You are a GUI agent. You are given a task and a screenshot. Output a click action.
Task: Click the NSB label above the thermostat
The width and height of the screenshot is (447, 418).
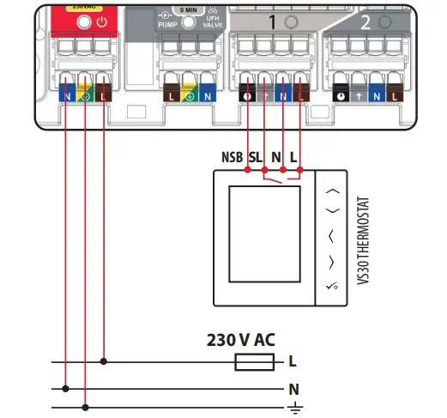[x=232, y=159]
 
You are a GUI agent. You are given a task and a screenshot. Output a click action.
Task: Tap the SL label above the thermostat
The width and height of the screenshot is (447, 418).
[x=256, y=159]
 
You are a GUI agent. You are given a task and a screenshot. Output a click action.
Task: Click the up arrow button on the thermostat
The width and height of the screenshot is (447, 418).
[x=333, y=194]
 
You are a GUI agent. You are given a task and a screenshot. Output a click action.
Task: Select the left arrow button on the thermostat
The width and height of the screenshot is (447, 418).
[x=333, y=233]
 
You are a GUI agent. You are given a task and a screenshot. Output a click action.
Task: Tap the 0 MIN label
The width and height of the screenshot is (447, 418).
[x=190, y=9]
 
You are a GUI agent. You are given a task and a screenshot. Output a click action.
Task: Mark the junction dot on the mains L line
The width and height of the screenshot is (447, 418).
[x=104, y=361]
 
